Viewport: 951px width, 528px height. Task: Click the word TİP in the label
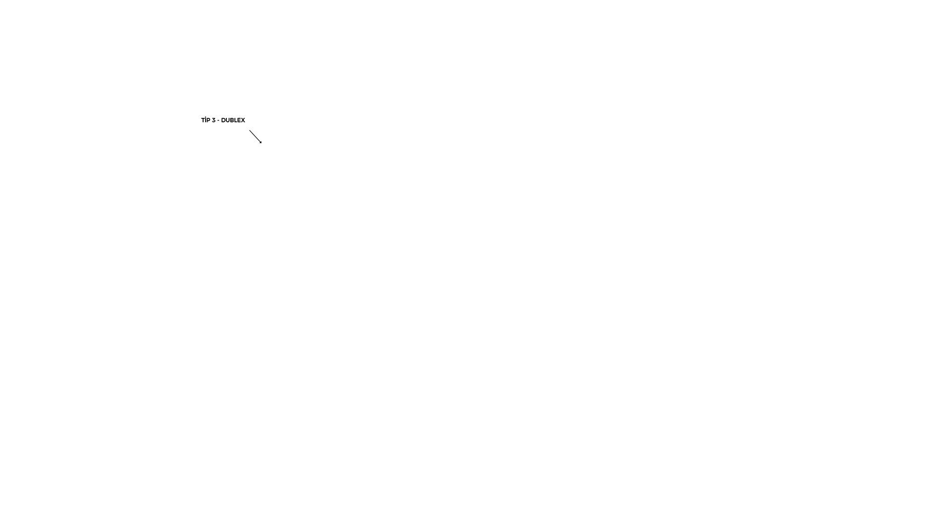(206, 120)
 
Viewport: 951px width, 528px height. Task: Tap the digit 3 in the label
(213, 120)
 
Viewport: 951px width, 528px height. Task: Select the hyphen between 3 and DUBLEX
(218, 120)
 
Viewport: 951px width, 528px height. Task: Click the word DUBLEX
(233, 120)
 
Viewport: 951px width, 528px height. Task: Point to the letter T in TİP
(203, 120)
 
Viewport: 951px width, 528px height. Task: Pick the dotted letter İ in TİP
(206, 120)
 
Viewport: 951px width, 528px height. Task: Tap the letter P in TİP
(209, 120)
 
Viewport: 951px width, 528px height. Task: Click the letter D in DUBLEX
(223, 120)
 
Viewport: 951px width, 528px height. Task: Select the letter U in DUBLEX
(227, 120)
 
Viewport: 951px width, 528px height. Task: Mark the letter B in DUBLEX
(231, 120)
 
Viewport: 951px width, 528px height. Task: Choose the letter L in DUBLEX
(235, 120)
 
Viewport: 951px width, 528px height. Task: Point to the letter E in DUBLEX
(239, 120)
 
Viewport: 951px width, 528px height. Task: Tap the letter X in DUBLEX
(243, 120)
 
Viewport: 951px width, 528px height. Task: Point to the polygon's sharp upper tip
(264, 142)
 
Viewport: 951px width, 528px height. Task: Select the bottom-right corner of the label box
(252, 127)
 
